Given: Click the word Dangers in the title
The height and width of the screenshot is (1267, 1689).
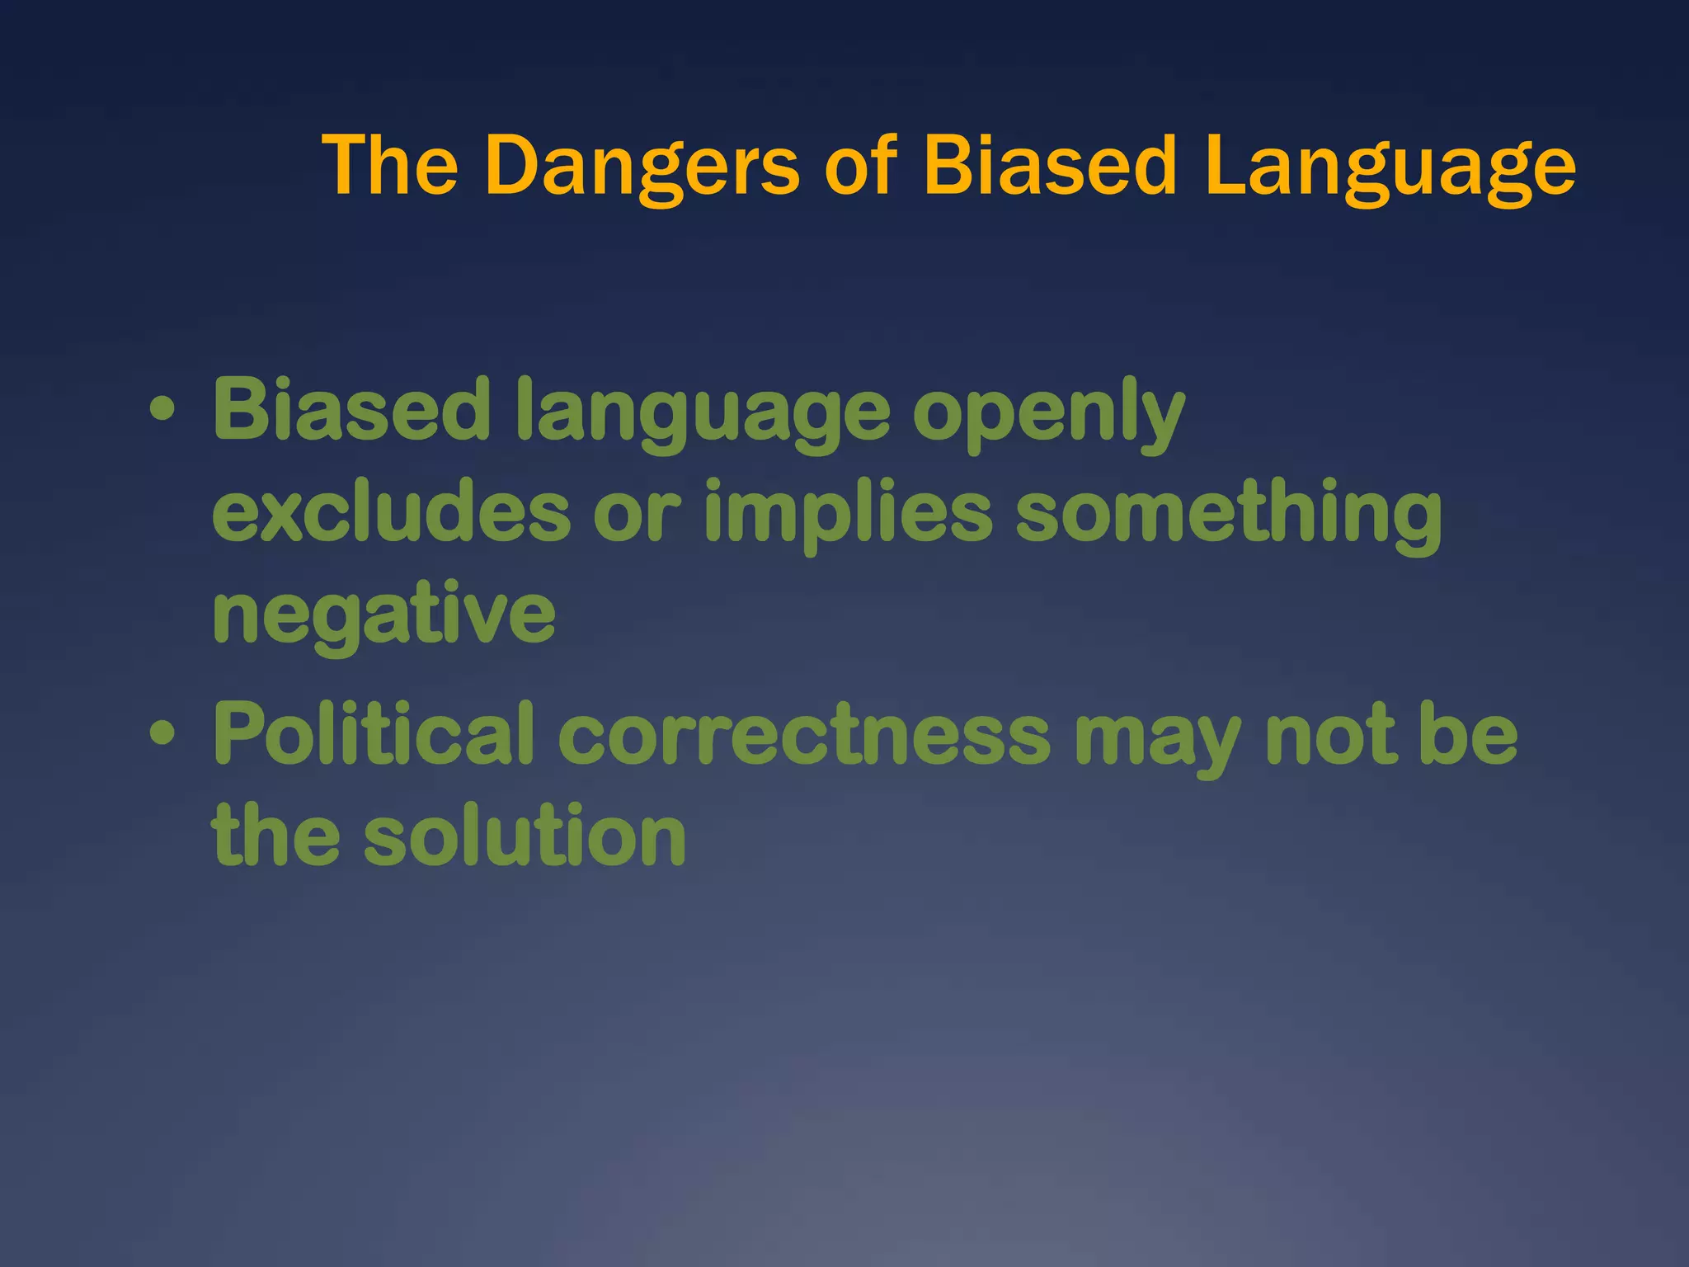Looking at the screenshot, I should pos(642,167).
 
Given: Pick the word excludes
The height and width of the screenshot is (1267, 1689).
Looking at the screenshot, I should pos(391,513).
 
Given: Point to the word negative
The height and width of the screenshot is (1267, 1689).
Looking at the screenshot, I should pos(384,617).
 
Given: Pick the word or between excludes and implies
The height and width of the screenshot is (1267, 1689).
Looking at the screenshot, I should pos(636,516).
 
